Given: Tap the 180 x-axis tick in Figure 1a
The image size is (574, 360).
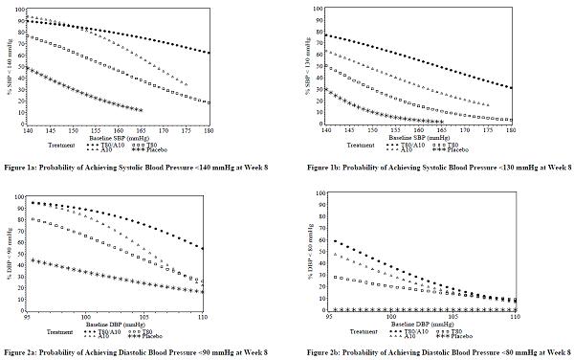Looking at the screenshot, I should point(209,131).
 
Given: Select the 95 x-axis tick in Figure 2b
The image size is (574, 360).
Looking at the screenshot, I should point(331,317).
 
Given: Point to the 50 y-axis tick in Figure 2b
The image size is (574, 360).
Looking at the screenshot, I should point(317,253).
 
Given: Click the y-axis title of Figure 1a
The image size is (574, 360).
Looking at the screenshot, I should point(11,67).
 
